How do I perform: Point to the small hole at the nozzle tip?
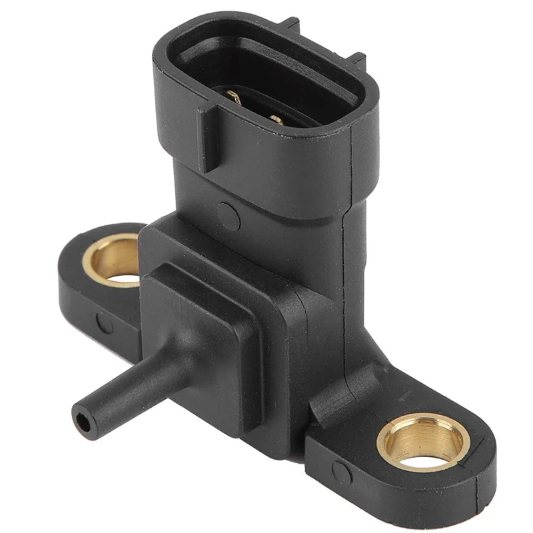click(x=82, y=422)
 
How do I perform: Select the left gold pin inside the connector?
click(x=234, y=98)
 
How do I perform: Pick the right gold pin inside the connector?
click(x=275, y=119)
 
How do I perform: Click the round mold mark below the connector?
click(x=229, y=215)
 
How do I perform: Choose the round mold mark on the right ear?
click(x=341, y=472)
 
